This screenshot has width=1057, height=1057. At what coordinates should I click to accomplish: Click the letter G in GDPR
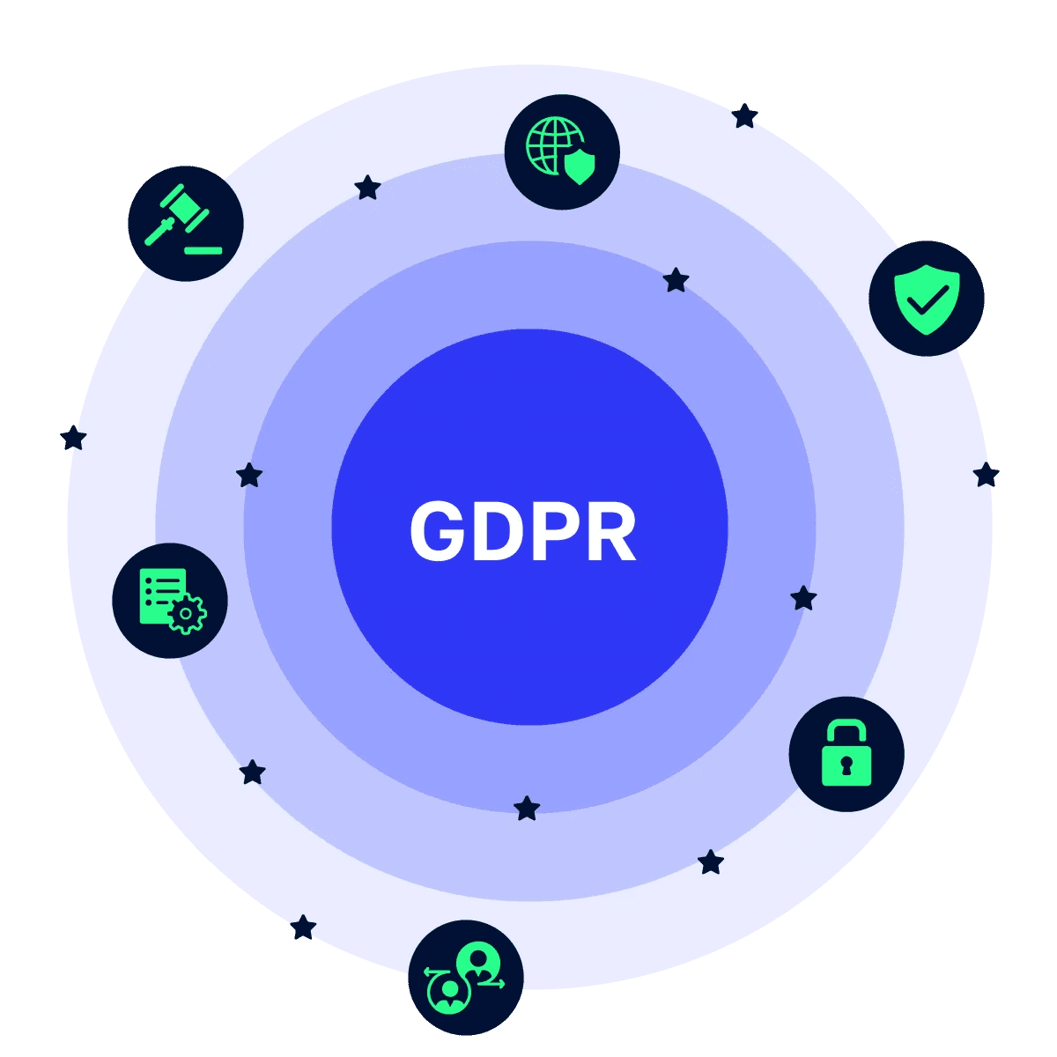437,531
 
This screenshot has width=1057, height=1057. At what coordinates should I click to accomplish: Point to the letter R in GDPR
610,531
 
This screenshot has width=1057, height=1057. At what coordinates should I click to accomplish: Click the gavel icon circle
186,224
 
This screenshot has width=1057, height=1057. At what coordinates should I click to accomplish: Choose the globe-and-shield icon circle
562,152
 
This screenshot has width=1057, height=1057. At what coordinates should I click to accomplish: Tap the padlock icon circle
846,754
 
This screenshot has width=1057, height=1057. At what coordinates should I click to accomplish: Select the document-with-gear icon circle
170,601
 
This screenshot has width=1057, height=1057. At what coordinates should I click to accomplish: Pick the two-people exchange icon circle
466,978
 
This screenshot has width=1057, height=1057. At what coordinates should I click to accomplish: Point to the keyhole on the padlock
846,765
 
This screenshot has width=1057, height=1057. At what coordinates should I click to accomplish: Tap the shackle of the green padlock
846,732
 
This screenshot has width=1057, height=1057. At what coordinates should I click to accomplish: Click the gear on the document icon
186,613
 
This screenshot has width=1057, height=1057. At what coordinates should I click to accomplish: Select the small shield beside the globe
579,166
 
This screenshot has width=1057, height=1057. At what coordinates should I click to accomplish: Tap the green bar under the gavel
203,251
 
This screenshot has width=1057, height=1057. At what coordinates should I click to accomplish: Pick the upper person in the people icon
480,959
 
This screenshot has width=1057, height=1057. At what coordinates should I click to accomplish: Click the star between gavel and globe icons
367,187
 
